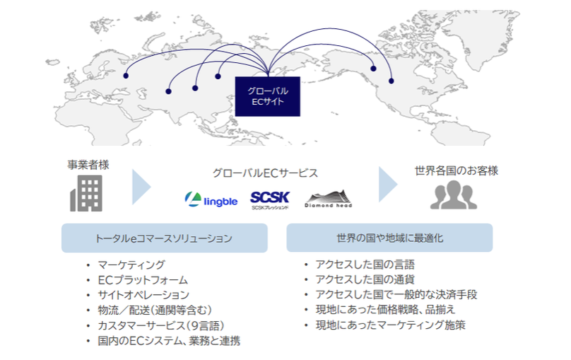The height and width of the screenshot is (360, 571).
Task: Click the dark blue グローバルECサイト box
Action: click(x=267, y=96)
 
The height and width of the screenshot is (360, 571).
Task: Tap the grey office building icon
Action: click(x=86, y=193)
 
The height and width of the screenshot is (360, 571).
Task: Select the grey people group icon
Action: click(x=454, y=195)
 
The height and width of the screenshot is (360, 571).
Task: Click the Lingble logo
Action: click(x=210, y=199)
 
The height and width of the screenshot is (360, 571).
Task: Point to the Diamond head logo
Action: click(x=329, y=199)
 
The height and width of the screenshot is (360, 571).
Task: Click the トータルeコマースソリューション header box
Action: click(x=164, y=238)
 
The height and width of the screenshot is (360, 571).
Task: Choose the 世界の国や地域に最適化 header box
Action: click(x=389, y=238)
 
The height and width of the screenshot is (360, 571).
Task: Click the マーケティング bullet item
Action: click(x=131, y=265)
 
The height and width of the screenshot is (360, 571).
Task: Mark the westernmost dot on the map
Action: click(x=126, y=75)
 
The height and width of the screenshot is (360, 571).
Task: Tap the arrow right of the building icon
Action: click(x=142, y=186)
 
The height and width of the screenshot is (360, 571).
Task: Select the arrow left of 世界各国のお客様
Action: click(x=388, y=185)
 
